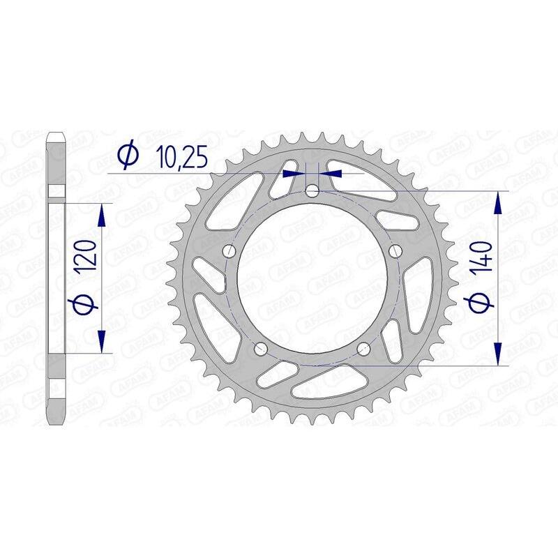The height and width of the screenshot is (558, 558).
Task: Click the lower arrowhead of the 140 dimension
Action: click(x=497, y=353)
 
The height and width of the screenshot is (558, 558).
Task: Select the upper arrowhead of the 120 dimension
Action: click(x=103, y=214)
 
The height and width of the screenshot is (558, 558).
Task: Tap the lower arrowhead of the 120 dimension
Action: click(x=103, y=343)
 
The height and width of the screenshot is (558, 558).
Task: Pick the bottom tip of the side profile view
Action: click(x=56, y=425)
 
